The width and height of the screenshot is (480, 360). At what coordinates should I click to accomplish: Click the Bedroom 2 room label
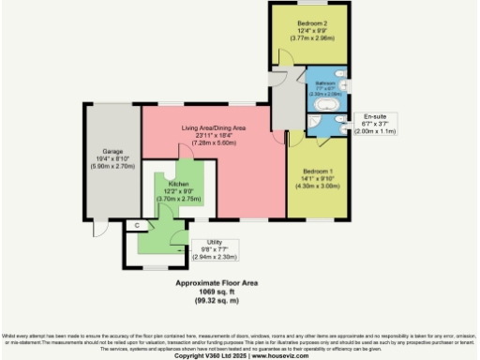click(312, 22)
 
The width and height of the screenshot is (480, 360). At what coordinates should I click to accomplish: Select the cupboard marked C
click(137, 225)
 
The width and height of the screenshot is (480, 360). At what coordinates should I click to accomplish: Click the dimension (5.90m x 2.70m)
click(112, 168)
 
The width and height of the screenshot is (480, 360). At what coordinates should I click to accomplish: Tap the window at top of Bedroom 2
click(312, 4)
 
